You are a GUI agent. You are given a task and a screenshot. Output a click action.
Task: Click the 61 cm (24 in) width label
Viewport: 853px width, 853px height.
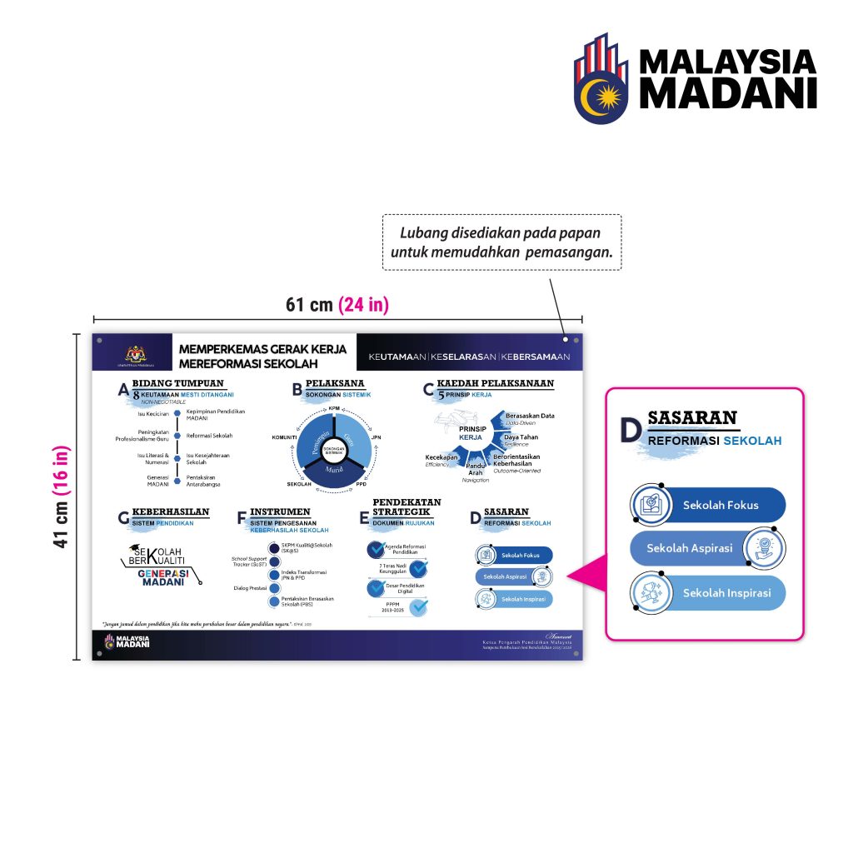click(337, 305)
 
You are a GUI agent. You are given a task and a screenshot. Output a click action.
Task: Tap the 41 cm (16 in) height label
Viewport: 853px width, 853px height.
click(62, 497)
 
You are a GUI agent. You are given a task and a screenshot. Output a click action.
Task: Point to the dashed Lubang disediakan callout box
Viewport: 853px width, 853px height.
click(501, 242)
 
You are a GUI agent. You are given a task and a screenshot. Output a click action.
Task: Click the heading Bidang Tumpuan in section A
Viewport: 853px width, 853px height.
click(177, 383)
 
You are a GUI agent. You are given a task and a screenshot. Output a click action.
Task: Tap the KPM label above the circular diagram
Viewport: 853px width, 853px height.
click(334, 409)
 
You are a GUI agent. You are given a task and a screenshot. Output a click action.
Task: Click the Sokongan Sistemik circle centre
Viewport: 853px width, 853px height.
click(334, 448)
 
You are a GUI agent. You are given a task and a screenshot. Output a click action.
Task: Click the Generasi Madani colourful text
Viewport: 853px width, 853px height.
click(164, 577)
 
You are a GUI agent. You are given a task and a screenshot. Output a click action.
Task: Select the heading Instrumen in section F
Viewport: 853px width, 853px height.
click(280, 511)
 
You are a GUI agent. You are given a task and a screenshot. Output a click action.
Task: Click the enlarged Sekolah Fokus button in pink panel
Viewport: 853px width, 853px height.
click(708, 505)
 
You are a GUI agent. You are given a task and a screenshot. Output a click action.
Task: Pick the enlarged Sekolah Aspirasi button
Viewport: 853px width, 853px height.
click(708, 548)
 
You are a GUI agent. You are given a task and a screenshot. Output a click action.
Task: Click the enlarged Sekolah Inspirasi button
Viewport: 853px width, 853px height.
click(708, 593)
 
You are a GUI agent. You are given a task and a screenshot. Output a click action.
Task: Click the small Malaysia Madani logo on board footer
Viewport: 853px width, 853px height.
click(127, 641)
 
